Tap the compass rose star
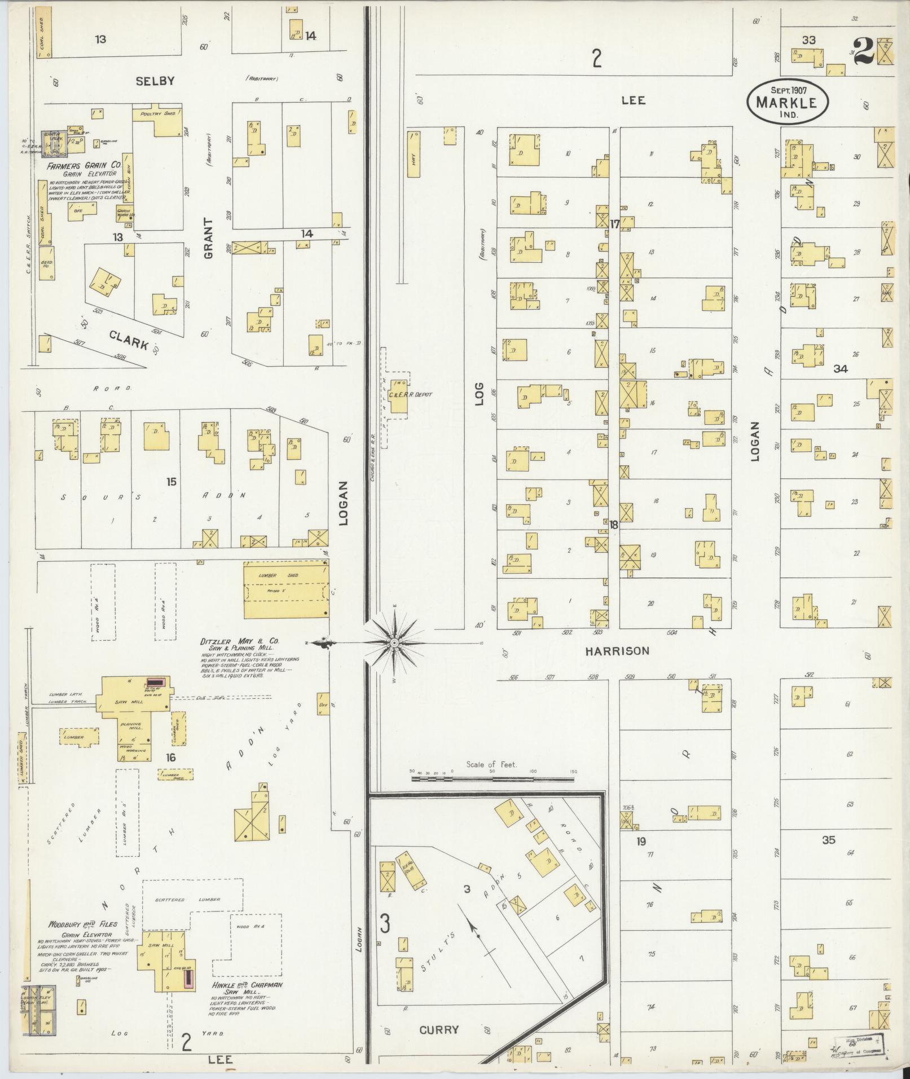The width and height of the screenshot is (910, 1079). [394, 642]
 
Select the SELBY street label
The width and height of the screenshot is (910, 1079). [155, 81]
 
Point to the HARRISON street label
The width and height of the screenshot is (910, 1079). [617, 651]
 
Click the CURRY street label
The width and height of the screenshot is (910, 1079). [439, 1029]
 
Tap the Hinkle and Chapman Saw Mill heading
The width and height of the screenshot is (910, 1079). [247, 985]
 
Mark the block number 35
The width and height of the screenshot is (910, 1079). [828, 856]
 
